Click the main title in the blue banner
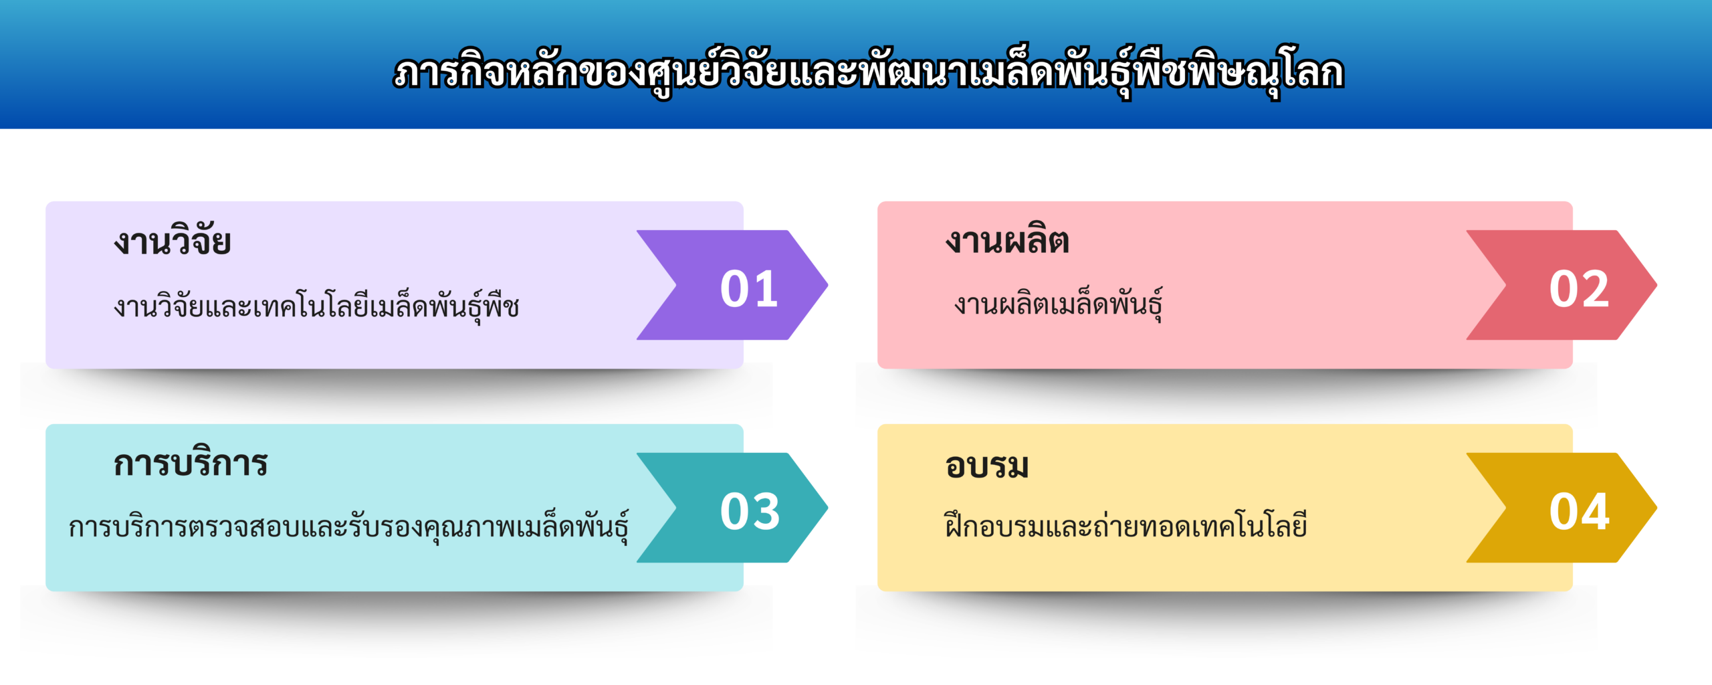coord(869,72)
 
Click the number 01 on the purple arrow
coord(749,290)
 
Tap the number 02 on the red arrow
coord(1579,290)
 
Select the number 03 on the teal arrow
coord(750,512)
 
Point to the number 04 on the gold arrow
coord(1579,512)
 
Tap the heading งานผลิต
coord(1007,239)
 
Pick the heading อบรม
coord(987,466)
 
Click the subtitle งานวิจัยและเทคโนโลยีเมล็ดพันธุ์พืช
coord(316,305)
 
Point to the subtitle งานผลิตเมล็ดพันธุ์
coord(1058,304)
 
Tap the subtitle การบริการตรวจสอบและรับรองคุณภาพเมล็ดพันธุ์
coord(348,526)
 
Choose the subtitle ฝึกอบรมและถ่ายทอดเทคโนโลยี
coord(1126,524)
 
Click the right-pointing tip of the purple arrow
coord(828,285)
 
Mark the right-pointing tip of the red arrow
coord(1657,285)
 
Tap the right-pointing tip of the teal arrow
coord(828,508)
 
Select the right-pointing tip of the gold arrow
coord(1657,508)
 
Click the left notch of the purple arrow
coord(676,285)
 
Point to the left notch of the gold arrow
coord(1506,508)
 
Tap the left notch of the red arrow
coord(1506,285)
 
